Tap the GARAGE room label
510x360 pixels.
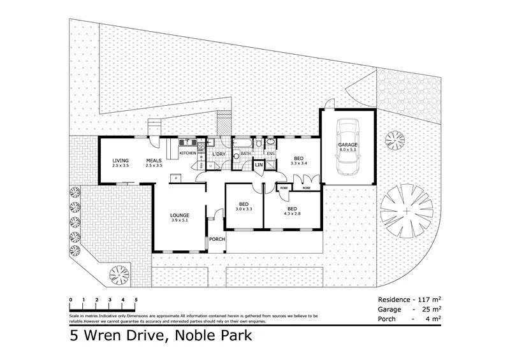(347, 145)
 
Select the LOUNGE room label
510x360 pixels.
(179, 216)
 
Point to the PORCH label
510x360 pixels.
(217, 240)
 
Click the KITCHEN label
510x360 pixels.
(187, 154)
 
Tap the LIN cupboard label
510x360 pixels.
(259, 165)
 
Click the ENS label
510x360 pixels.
(270, 154)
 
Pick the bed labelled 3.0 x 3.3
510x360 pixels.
(244, 205)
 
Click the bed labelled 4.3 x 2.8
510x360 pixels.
(292, 209)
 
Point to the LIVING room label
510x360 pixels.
(120, 161)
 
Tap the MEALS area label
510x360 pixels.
(154, 161)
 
